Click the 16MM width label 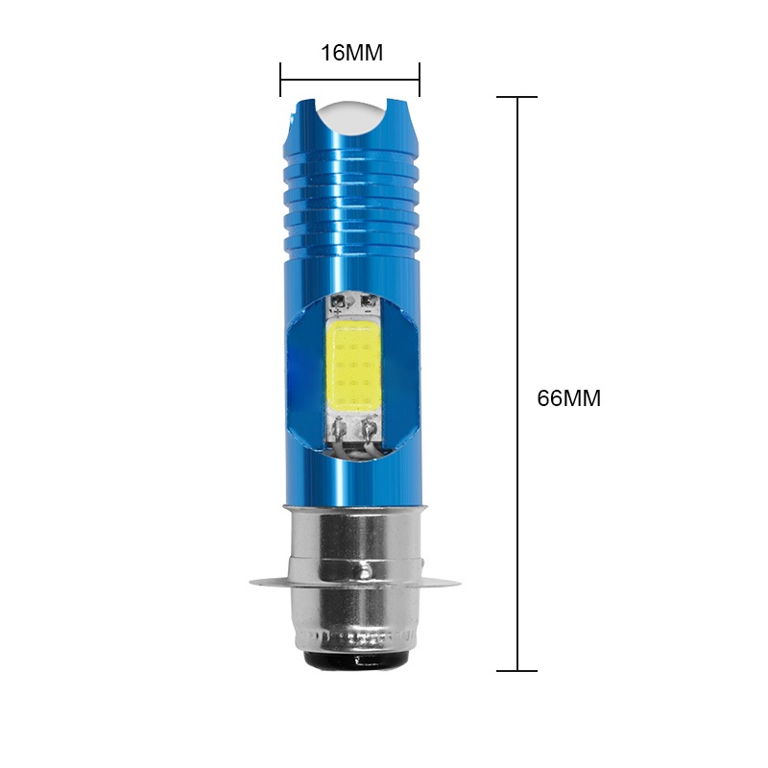point(351,53)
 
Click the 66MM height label point(568,398)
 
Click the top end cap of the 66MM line point(518,97)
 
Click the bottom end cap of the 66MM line point(518,670)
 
